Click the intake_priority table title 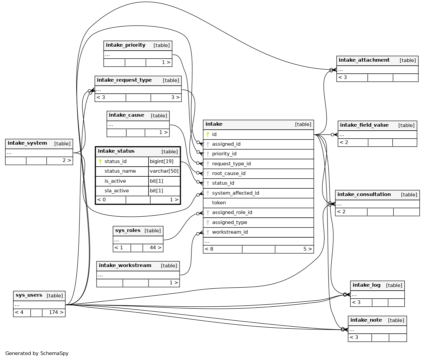[x=126, y=45]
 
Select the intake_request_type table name [x=124, y=80]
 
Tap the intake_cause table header [x=127, y=115]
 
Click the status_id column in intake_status [x=116, y=162]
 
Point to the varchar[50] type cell [x=164, y=171]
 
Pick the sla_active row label [x=117, y=191]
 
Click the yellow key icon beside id [x=208, y=135]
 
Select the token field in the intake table [x=219, y=203]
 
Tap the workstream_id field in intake [x=230, y=232]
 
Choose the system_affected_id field [x=235, y=193]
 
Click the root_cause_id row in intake [x=228, y=174]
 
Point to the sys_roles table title [x=128, y=231]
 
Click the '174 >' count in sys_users [x=56, y=313]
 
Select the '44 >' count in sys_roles [x=155, y=248]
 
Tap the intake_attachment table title [x=364, y=60]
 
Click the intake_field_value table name [x=364, y=125]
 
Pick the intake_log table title [x=366, y=285]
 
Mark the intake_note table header [x=366, y=320]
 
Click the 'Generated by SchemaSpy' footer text [x=37, y=354]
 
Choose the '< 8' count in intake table [x=209, y=249]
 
